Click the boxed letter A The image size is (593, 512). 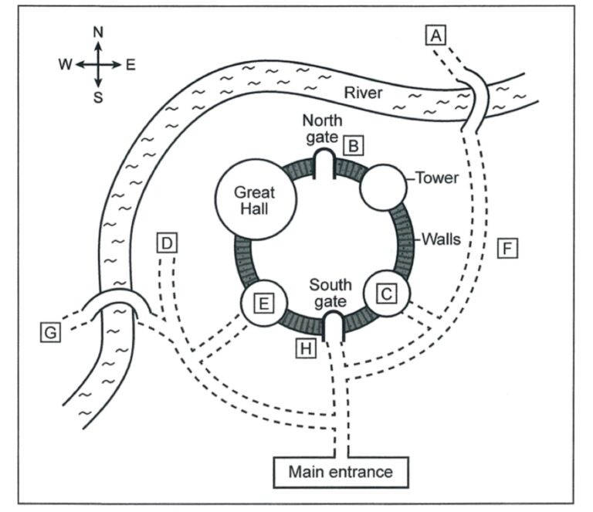point(435,36)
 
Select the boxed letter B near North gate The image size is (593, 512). point(353,146)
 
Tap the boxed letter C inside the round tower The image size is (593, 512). point(387,293)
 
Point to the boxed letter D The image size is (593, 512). point(167,242)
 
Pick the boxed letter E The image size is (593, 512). point(263,303)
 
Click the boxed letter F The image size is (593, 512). point(507,248)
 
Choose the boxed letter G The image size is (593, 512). point(50,332)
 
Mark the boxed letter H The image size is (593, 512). point(306,348)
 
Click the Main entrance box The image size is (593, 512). point(341,473)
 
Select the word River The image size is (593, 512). point(363,93)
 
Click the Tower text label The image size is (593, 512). point(437,178)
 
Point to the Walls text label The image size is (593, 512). point(441,239)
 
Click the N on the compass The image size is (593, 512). point(98,32)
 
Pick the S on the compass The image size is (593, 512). point(98,97)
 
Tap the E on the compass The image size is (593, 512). point(130,65)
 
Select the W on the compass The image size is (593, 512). point(65,65)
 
